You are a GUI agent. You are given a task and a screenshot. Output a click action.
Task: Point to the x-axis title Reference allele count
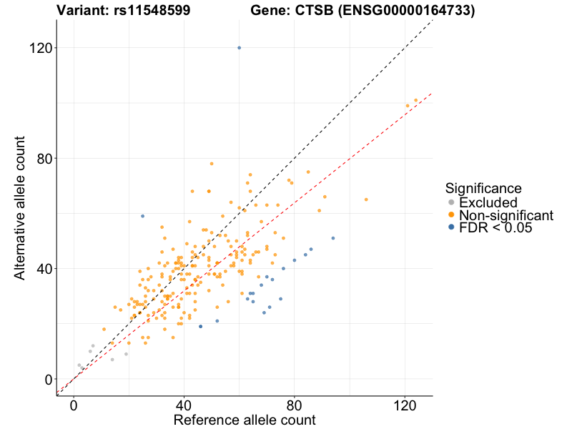click(245, 420)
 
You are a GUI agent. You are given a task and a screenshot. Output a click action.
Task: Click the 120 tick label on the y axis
click(40, 48)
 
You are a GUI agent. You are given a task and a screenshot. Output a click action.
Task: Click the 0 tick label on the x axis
click(74, 405)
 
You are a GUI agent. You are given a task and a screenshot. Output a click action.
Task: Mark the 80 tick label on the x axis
click(295, 405)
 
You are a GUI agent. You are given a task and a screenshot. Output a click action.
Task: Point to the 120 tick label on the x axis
click(405, 405)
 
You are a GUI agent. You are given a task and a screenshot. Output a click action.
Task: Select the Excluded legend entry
click(488, 202)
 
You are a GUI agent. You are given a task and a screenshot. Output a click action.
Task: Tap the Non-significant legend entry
click(506, 215)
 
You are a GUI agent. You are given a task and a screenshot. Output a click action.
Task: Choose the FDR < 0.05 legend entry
click(495, 228)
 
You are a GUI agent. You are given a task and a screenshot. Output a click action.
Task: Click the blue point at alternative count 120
click(239, 48)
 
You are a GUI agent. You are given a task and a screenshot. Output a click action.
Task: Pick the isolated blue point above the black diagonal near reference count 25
click(142, 216)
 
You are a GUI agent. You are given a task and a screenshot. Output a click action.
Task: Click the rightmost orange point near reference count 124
click(416, 100)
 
